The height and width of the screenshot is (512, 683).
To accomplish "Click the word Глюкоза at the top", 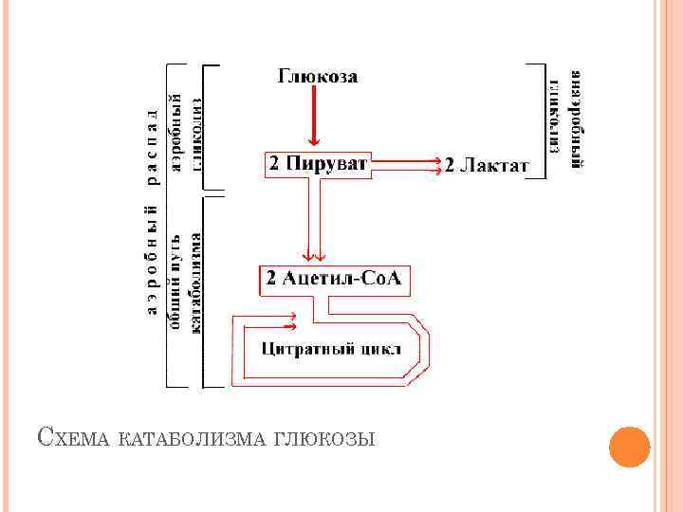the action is click(317, 77).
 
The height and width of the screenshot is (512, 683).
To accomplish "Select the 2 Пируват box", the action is click(317, 165).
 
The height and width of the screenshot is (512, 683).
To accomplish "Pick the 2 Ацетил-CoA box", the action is click(334, 279).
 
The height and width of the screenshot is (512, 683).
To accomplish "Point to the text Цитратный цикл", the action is click(331, 348).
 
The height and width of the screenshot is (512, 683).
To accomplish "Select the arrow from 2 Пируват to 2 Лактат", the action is click(408, 167).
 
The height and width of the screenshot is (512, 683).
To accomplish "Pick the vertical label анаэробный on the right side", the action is click(575, 119).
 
